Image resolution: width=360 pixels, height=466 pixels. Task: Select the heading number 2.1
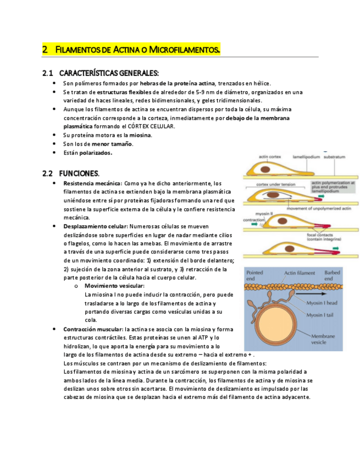(x=47, y=73)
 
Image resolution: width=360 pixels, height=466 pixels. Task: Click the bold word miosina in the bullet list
(x=141, y=135)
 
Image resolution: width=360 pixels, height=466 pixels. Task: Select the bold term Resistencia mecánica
(x=92, y=183)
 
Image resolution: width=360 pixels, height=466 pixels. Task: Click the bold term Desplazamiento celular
(x=95, y=226)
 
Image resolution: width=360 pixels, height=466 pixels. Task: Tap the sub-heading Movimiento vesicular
(x=114, y=286)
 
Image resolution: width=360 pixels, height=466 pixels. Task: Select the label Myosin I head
(x=322, y=304)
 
